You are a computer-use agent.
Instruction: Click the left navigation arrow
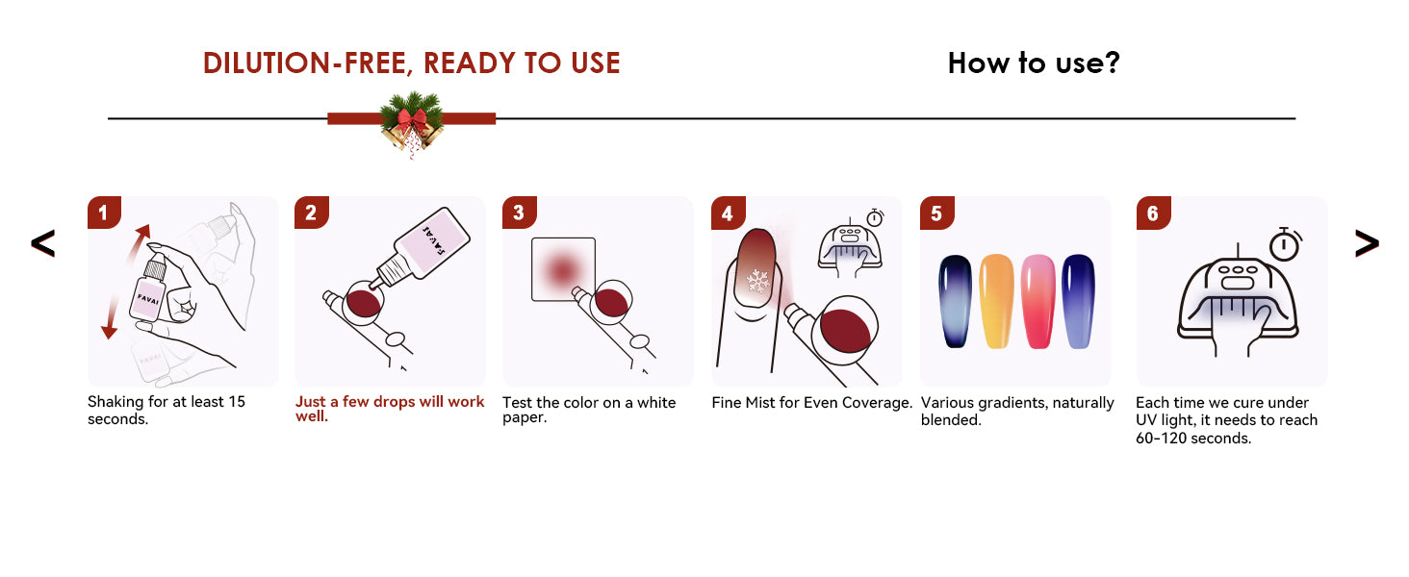coord(42,243)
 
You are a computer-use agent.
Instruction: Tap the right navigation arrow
coord(1367,243)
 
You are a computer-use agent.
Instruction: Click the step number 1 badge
coord(104,213)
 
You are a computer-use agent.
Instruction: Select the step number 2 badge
coord(312,213)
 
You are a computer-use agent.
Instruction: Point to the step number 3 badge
coord(519,213)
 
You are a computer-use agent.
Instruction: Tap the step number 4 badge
coord(729,213)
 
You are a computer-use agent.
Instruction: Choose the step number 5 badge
coord(937,213)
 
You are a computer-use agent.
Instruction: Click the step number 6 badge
coord(1154,213)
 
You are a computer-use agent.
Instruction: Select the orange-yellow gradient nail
coord(997,301)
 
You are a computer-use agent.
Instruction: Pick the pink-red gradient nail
coord(1038,301)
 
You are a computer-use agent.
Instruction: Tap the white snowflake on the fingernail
coord(758,281)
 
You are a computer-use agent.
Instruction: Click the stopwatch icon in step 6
coord(1285,244)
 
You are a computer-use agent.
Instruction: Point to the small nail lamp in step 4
coord(850,249)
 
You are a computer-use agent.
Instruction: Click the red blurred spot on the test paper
coord(562,270)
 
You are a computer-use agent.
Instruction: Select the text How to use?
coord(1034,63)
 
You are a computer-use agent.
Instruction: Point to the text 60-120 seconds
coord(1193,439)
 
